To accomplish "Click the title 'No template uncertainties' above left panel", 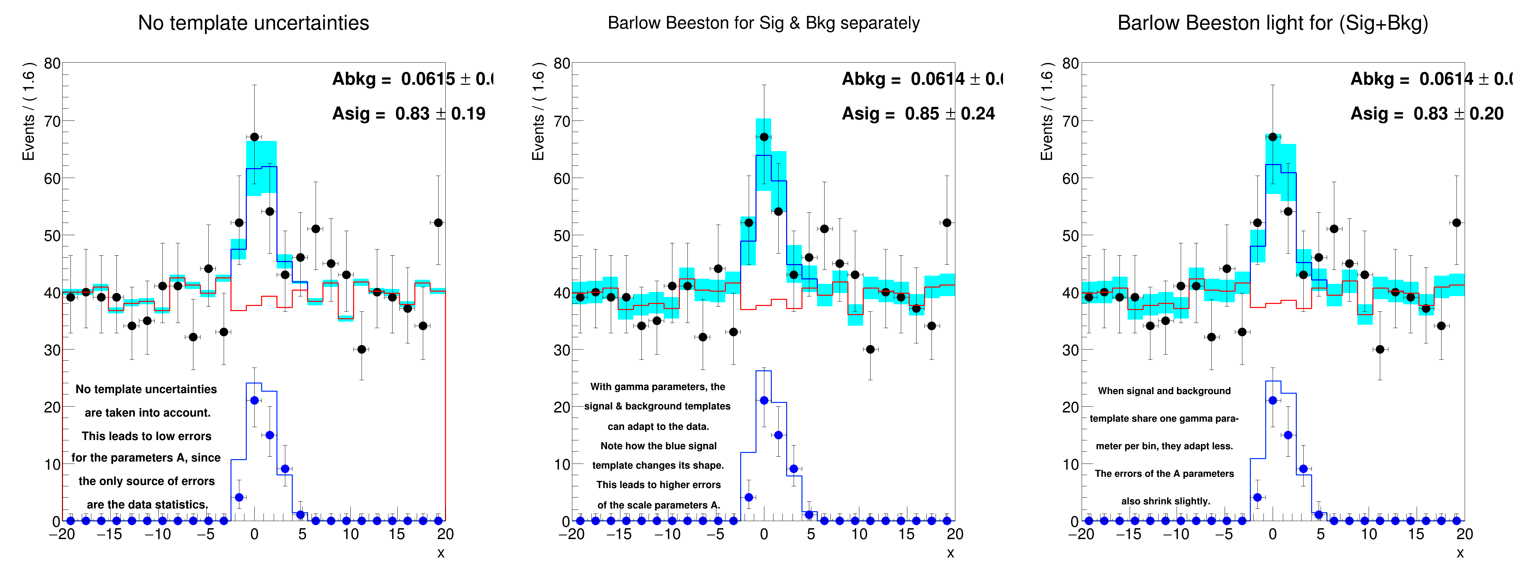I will pyautogui.click(x=253, y=23).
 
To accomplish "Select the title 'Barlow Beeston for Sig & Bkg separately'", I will pyautogui.click(x=763, y=23).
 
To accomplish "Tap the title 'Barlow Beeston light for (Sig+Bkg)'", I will pyautogui.click(x=1272, y=23).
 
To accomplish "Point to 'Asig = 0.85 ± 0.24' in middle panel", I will pyautogui.click(x=918, y=114).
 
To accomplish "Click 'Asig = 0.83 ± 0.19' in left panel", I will pyautogui.click(x=408, y=114).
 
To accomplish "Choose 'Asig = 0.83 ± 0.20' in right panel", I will pyautogui.click(x=1427, y=114).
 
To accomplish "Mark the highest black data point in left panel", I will pyautogui.click(x=254, y=137).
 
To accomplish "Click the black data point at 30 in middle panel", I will pyautogui.click(x=870, y=349).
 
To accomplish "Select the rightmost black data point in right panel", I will pyautogui.click(x=1456, y=223).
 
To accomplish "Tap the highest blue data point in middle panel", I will pyautogui.click(x=764, y=401).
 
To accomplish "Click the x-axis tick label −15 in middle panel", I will pyautogui.click(x=619, y=534).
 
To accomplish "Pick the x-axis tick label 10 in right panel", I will pyautogui.click(x=1368, y=534).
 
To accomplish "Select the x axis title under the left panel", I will pyautogui.click(x=441, y=553).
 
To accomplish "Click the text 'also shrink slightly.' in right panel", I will pyautogui.click(x=1165, y=501).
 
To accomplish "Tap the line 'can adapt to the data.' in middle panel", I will pyautogui.click(x=658, y=426).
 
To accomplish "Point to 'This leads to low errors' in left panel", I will pyautogui.click(x=146, y=436).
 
